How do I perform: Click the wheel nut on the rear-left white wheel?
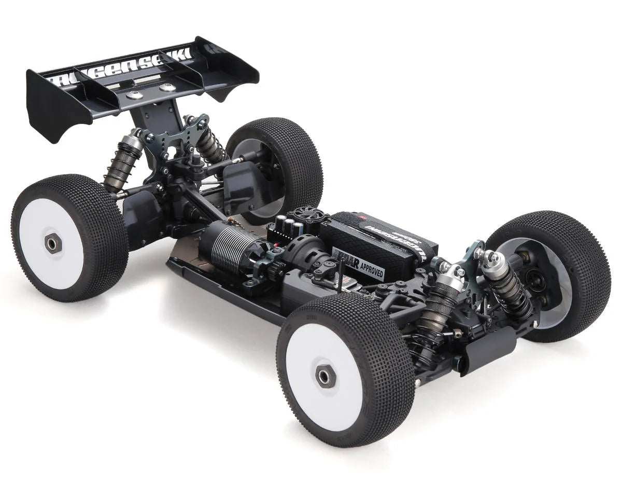tap(52, 243)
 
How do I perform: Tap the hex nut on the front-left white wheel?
tap(325, 376)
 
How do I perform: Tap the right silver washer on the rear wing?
tap(167, 88)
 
